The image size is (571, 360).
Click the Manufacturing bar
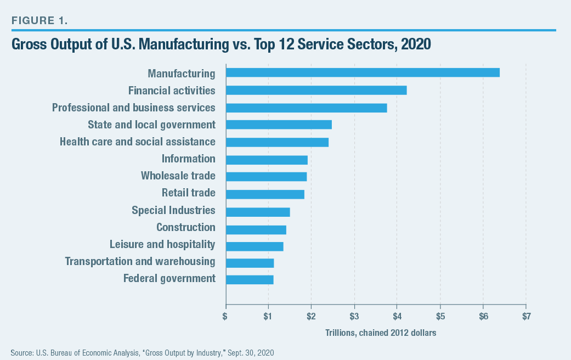tap(362, 72)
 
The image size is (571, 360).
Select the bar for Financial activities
tap(316, 90)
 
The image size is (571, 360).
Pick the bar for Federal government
tap(250, 279)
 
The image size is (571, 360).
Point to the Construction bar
tap(256, 229)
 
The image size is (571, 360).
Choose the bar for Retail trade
tap(264, 194)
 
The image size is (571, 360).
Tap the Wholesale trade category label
tap(178, 176)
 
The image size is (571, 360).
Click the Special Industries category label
tap(173, 210)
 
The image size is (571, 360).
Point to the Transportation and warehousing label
tap(140, 261)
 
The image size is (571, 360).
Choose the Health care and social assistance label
tap(137, 142)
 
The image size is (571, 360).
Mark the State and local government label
tap(151, 125)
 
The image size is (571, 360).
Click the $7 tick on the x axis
tap(525, 316)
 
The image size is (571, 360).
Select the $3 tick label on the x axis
tap(354, 316)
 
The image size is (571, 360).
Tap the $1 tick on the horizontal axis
tap(268, 316)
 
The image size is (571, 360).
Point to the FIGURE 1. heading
tap(40, 21)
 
